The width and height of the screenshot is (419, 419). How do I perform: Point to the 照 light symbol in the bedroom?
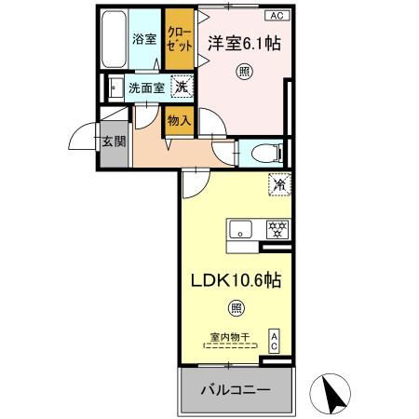(x=243, y=71)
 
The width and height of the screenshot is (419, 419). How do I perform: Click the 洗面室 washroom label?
(x=146, y=88)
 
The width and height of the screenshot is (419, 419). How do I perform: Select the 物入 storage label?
(x=179, y=119)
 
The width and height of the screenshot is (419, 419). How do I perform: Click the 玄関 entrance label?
(x=114, y=142)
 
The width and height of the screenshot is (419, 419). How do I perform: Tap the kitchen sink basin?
(x=238, y=229)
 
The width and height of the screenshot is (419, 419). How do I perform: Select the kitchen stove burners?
(x=276, y=228)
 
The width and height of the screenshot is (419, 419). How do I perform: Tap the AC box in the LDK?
(x=275, y=340)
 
